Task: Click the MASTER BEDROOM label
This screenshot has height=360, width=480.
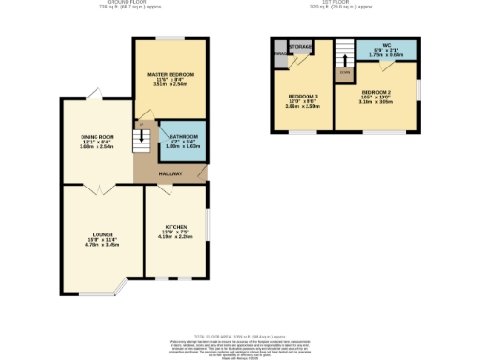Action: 170,72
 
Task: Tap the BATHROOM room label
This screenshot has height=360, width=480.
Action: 183,135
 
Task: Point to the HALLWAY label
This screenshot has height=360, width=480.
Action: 170,174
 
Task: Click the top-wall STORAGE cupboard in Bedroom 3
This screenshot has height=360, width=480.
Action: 300,45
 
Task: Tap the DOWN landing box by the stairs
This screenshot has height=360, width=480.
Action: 344,71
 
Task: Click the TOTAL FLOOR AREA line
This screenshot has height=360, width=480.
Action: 240,336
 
